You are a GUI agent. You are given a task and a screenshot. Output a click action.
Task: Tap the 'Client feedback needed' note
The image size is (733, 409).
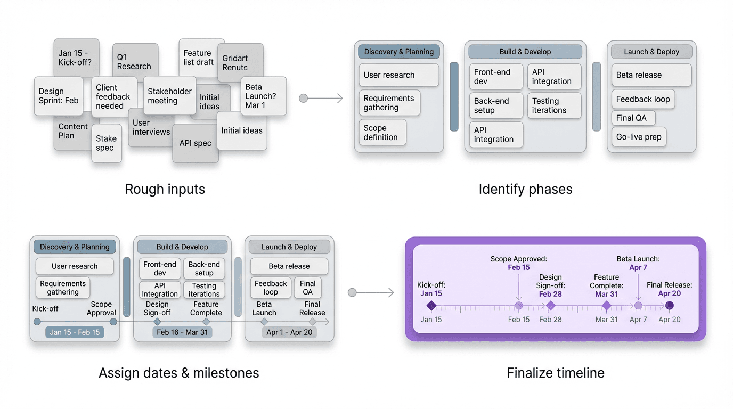[x=113, y=96]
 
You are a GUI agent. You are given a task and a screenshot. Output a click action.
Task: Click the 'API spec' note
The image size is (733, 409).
[x=195, y=143]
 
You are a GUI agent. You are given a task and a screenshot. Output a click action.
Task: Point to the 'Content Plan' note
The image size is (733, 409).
[x=72, y=131]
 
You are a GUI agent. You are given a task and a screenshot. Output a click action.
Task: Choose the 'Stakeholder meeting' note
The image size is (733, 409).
[x=169, y=96]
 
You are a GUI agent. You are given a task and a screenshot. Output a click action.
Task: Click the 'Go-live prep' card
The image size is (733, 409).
[x=639, y=137]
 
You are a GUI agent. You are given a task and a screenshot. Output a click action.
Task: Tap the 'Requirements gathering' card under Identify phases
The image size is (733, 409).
[x=389, y=103]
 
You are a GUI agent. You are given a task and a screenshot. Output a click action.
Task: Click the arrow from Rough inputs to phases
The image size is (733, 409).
[x=323, y=98]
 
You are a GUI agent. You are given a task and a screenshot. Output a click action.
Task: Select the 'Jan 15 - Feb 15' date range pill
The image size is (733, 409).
[x=75, y=332]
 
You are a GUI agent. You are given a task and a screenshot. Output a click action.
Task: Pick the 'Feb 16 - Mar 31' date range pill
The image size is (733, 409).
[x=182, y=332]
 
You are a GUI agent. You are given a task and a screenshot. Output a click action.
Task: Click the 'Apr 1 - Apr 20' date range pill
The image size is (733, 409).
[x=290, y=332]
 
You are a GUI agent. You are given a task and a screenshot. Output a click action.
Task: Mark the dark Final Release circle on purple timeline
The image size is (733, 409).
[x=670, y=306]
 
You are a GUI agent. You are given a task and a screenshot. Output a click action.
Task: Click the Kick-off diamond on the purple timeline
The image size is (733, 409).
[x=431, y=306]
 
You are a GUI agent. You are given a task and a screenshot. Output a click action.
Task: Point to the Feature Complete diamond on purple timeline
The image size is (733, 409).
[x=606, y=306]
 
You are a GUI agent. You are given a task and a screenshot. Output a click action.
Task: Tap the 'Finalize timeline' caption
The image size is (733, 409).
[x=556, y=373]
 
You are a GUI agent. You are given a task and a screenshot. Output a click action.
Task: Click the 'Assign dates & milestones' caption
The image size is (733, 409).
[x=179, y=373]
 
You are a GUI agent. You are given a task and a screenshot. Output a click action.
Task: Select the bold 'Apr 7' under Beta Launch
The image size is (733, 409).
[x=638, y=267]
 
